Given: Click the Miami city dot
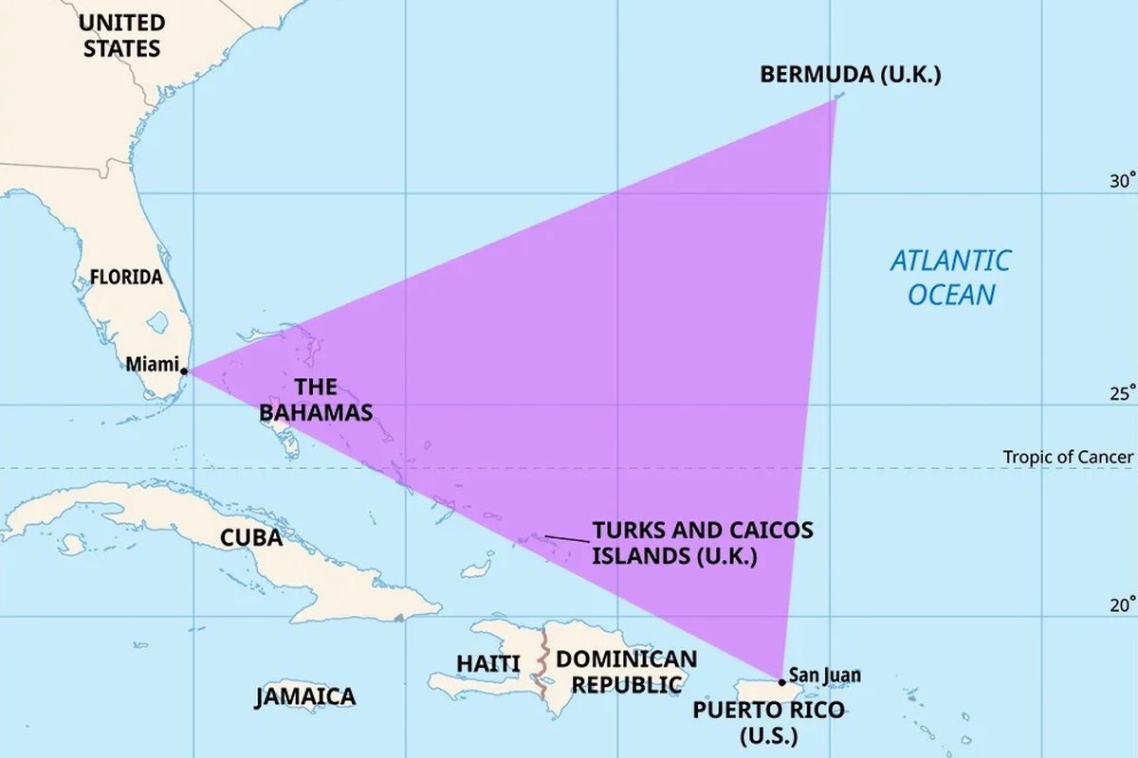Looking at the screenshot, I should tap(184, 371).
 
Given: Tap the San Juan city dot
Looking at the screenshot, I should tap(781, 681).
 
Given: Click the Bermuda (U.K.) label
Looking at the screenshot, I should tap(851, 75).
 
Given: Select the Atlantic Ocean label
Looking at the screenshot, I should tap(951, 277).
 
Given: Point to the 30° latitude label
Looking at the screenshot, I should tap(1122, 182).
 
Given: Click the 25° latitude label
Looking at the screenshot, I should tap(1122, 393).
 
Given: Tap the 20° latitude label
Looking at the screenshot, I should tap(1122, 605).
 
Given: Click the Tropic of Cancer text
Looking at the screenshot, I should tap(1068, 458).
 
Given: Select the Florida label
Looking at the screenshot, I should tap(126, 278).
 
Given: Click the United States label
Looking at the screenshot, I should tap(121, 35).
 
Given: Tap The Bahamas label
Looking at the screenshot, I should tap(316, 400).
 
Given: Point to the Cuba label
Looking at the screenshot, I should tap(251, 538).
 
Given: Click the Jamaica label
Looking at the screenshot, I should tap(305, 697).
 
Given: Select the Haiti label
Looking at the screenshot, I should tap(488, 664).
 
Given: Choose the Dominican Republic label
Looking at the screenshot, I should tap(625, 671).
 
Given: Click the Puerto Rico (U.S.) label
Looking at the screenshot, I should tap(767, 722).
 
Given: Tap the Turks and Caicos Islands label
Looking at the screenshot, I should tap(702, 542).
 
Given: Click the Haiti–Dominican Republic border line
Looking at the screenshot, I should tap(542, 663).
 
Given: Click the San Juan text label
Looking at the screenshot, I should tap(825, 675).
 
